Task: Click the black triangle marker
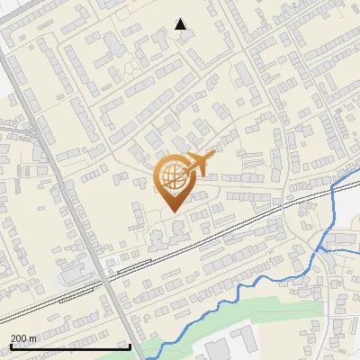[181, 24]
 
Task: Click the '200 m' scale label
[24, 338]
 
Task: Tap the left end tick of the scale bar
[10, 345]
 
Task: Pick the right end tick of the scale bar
[130, 345]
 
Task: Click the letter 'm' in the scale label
[33, 338]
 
